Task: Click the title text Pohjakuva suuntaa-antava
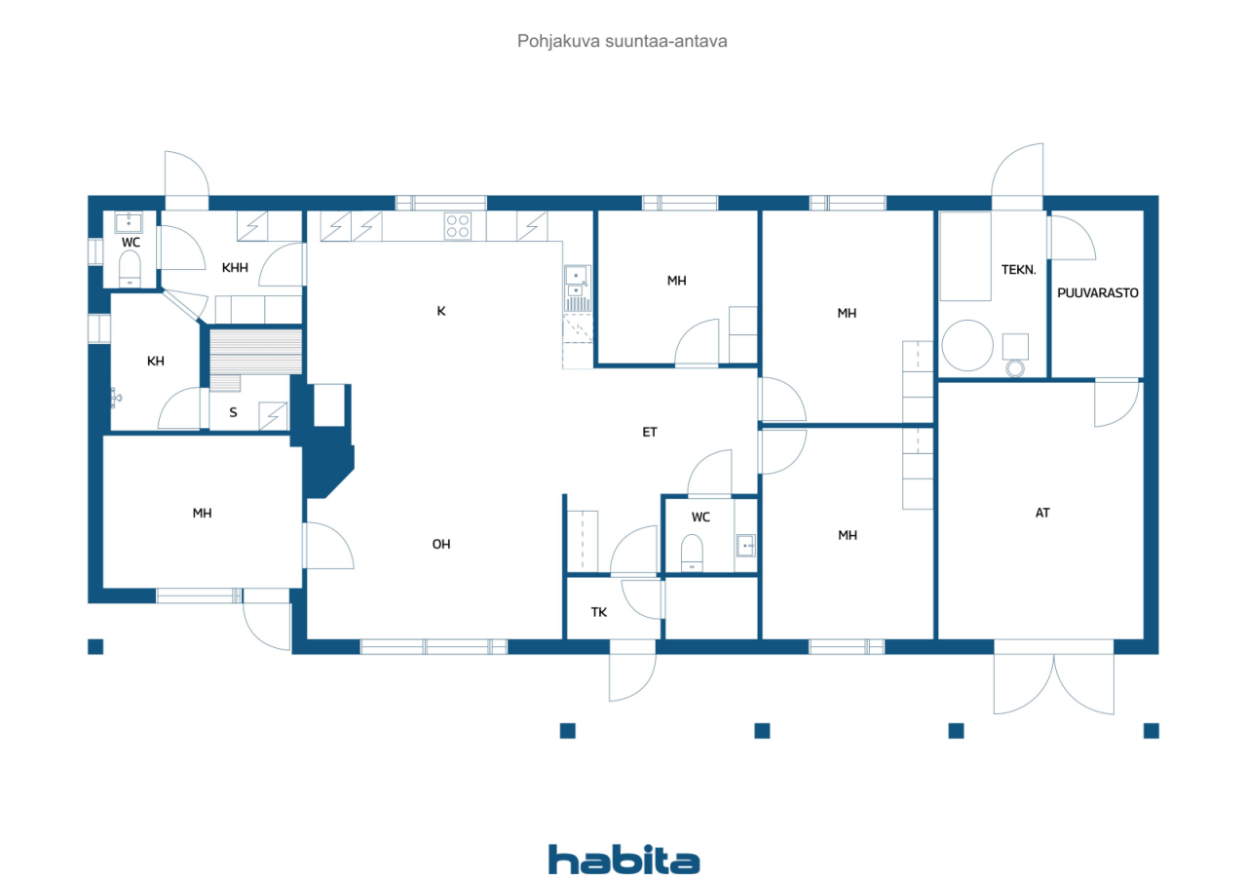tap(622, 41)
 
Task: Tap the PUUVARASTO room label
tap(1097, 293)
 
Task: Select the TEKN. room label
tap(1018, 270)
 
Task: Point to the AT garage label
tap(1042, 513)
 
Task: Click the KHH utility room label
tap(235, 268)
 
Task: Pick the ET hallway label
tap(650, 432)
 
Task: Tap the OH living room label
tap(441, 544)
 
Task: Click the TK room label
tap(599, 612)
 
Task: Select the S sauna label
tap(233, 412)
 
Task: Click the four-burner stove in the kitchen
tap(458, 226)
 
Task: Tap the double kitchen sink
tap(577, 283)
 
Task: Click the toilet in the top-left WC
tap(130, 268)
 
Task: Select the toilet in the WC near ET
tap(692, 553)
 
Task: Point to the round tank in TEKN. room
tap(967, 345)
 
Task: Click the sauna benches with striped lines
tap(255, 352)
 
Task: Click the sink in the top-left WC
tap(129, 223)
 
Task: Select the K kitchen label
tap(441, 311)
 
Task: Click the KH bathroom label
tap(155, 362)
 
